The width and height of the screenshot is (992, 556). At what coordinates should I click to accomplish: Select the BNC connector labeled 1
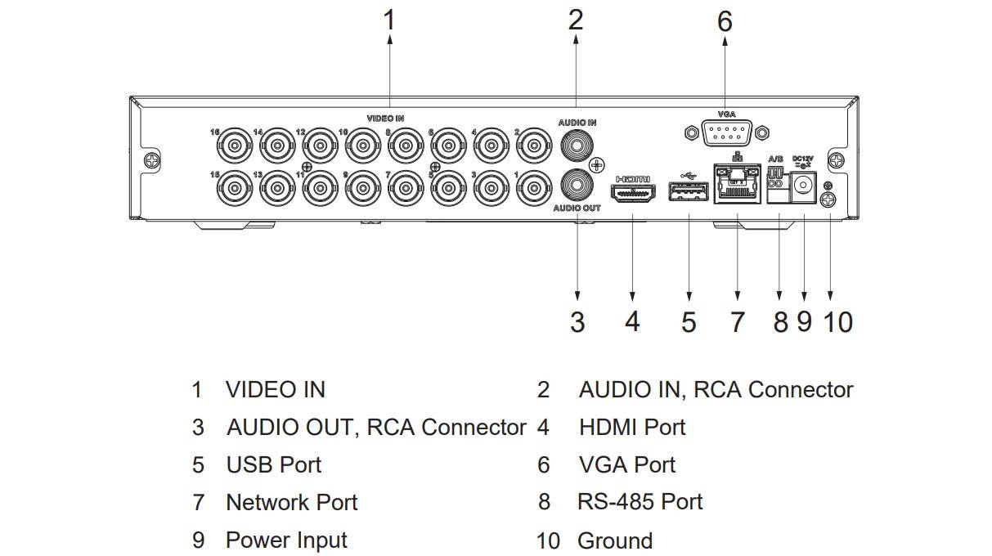pos(535,187)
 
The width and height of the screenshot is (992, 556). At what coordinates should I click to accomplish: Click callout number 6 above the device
pos(725,22)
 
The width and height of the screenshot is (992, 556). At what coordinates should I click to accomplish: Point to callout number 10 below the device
pos(837,321)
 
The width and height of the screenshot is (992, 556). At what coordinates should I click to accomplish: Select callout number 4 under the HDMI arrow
pos(632,321)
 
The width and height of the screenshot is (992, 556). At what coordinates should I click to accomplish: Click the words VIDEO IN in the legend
pos(276,389)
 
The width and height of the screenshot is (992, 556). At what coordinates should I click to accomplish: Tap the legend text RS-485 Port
pos(640,501)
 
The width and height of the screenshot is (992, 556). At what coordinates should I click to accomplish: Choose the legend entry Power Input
pos(286,540)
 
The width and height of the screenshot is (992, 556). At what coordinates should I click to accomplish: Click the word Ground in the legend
pos(615,540)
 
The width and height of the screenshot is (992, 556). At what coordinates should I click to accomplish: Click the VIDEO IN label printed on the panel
pos(385,119)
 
